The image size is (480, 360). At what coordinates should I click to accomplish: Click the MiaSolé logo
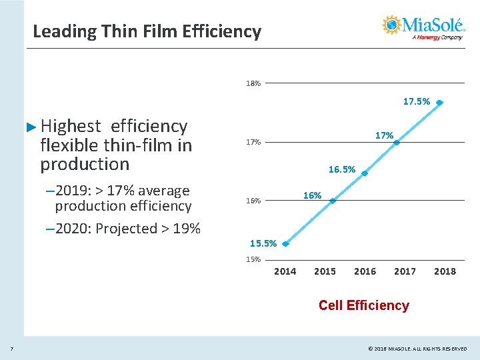[423, 27]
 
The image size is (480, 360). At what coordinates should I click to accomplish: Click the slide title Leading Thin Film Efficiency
[147, 31]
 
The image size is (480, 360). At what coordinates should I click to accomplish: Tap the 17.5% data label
[416, 102]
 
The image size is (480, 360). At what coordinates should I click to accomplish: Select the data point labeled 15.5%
[285, 244]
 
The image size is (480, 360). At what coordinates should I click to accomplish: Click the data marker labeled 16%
[333, 201]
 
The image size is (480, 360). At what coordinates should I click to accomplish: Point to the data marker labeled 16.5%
[365, 173]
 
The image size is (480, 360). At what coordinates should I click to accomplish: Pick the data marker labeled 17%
[396, 140]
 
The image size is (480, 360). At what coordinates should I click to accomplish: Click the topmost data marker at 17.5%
[440, 103]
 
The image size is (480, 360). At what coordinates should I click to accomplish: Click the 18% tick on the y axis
[253, 84]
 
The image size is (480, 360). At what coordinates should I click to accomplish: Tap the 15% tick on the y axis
[253, 259]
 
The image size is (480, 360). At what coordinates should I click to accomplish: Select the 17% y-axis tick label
[253, 143]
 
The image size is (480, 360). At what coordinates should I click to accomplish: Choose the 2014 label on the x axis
[285, 271]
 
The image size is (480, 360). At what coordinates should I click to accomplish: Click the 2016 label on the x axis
[365, 271]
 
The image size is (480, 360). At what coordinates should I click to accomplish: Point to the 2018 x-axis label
[445, 271]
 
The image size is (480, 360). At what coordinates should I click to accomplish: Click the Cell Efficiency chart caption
[363, 305]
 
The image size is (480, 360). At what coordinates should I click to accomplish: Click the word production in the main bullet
[85, 164]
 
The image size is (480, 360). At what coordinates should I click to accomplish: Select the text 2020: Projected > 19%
[123, 229]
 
